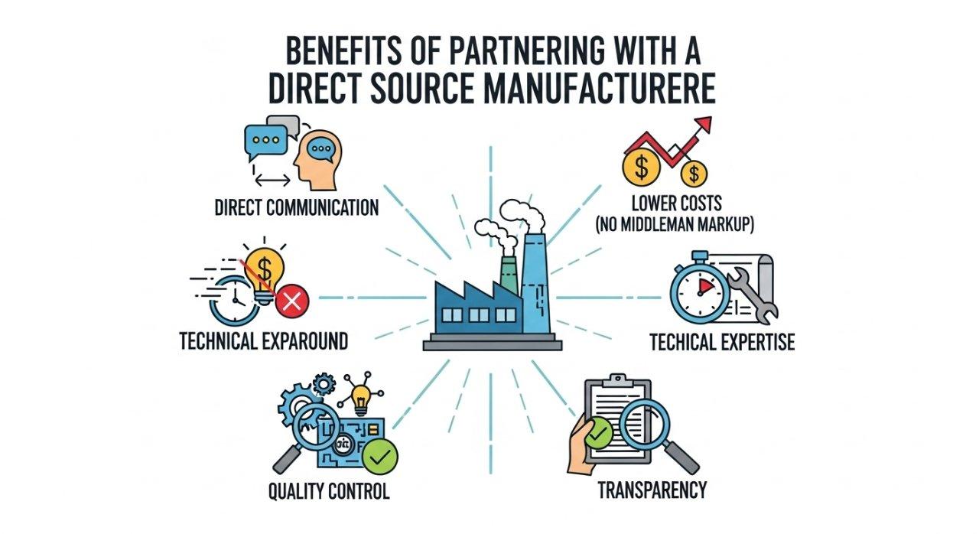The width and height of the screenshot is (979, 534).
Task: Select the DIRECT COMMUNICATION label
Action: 296,207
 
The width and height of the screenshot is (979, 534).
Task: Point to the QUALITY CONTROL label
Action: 328,490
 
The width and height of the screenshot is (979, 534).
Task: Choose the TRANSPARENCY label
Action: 652,490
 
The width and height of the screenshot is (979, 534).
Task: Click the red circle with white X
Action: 291,304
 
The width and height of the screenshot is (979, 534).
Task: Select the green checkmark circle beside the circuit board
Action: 379,457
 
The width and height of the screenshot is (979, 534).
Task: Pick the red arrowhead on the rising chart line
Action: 702,125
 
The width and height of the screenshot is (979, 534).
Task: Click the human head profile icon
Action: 319,159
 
